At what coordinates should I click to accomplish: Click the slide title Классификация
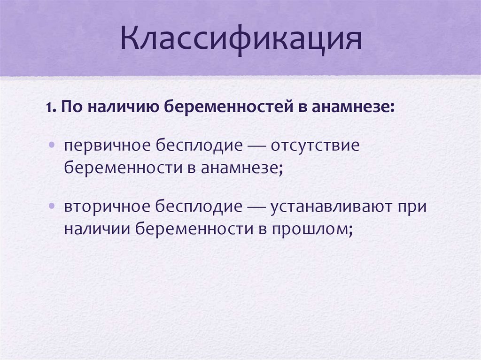(240, 39)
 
